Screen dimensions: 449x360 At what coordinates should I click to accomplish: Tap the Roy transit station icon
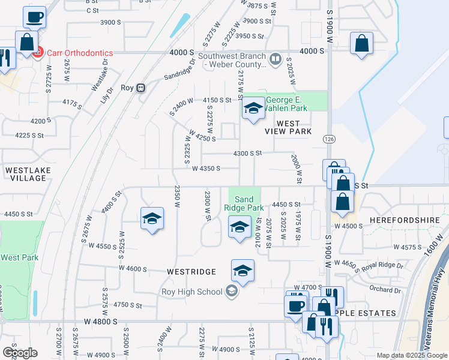(x=141, y=88)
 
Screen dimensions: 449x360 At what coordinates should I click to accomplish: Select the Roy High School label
(x=191, y=292)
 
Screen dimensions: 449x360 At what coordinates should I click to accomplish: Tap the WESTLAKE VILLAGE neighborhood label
(x=28, y=174)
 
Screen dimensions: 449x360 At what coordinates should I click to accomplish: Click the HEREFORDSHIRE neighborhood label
(x=406, y=220)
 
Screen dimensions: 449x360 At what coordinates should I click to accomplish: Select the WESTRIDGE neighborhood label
(x=191, y=272)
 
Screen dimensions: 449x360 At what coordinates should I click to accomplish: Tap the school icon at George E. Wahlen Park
(x=253, y=109)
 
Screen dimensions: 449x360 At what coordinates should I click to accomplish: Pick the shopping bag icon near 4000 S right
(x=361, y=43)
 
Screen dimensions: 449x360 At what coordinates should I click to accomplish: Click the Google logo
(x=20, y=353)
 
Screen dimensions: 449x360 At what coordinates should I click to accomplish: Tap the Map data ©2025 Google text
(x=412, y=355)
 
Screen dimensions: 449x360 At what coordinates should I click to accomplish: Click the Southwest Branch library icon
(x=275, y=59)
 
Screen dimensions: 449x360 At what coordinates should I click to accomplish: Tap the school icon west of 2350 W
(x=152, y=218)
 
